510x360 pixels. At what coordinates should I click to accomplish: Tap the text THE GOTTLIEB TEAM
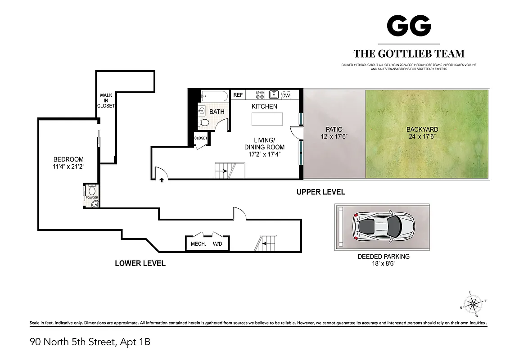(x=409, y=54)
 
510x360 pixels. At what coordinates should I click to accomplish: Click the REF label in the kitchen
(x=238, y=95)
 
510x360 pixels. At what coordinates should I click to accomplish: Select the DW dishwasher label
(x=286, y=95)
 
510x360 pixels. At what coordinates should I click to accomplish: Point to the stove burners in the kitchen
(x=260, y=94)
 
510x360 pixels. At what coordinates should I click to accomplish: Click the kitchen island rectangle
(x=267, y=119)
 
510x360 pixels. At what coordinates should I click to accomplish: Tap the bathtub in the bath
(x=214, y=95)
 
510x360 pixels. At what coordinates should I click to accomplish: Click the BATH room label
(x=217, y=112)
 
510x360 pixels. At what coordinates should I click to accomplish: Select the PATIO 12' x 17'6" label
(x=334, y=133)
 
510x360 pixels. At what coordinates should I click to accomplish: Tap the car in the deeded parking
(x=383, y=226)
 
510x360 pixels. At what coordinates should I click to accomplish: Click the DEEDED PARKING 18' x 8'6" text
(x=384, y=260)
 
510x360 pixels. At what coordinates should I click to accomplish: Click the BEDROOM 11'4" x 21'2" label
(x=69, y=163)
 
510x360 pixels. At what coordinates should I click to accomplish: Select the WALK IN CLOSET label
(x=106, y=101)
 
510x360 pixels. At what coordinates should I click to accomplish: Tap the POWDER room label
(x=92, y=198)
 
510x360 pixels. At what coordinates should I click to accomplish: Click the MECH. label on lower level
(x=198, y=244)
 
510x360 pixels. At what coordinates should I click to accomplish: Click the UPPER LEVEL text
(x=320, y=192)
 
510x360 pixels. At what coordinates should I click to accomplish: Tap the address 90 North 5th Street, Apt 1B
(x=90, y=342)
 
